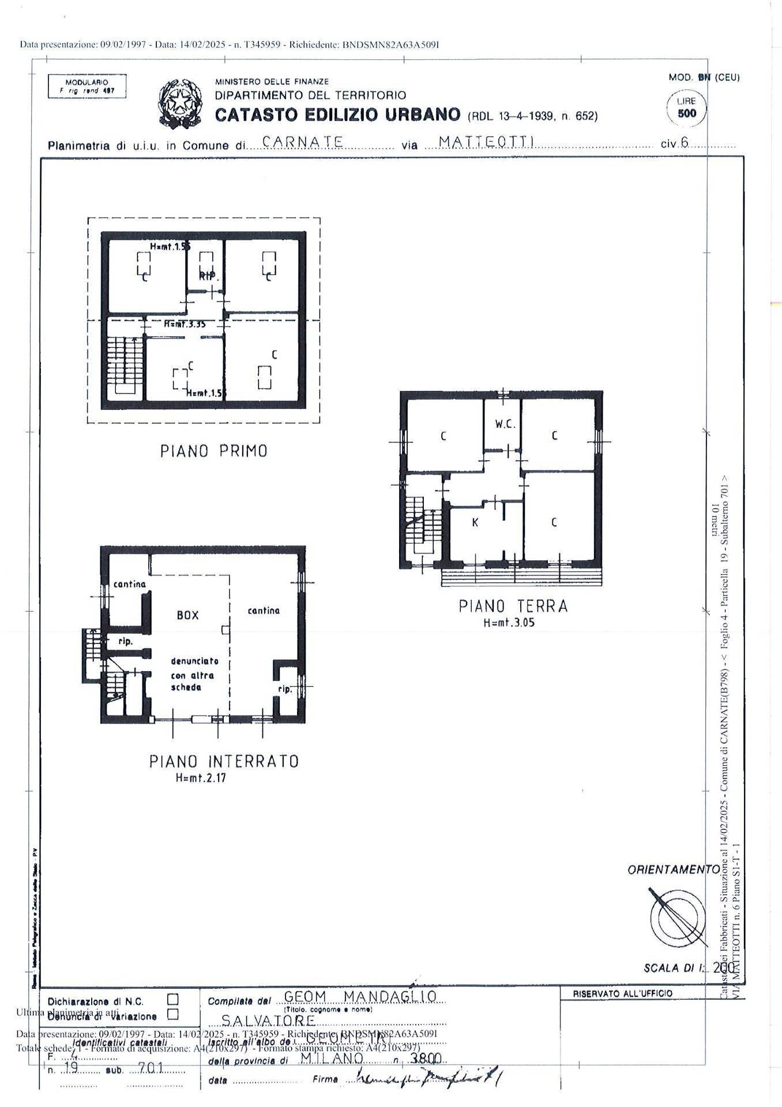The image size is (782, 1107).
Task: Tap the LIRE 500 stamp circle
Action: pyautogui.click(x=686, y=108)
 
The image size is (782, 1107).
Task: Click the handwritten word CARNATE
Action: pyautogui.click(x=303, y=142)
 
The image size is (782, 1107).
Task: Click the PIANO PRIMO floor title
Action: pyautogui.click(x=213, y=451)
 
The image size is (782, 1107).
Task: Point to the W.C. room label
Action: pyautogui.click(x=505, y=424)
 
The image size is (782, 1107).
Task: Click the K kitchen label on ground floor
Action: pyautogui.click(x=475, y=523)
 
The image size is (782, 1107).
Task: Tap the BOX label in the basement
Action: pyautogui.click(x=188, y=615)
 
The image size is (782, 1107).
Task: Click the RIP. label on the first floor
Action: pyautogui.click(x=209, y=277)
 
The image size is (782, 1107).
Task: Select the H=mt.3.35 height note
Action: pyautogui.click(x=185, y=324)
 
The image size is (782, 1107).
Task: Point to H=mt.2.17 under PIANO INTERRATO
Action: pyautogui.click(x=201, y=778)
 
